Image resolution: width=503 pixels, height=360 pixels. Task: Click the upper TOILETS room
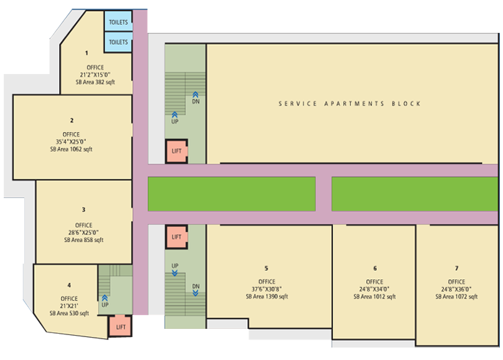click(x=118, y=21)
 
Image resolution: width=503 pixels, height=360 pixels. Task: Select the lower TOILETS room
click(x=118, y=42)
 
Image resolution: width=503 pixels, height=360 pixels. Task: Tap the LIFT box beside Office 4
click(x=120, y=326)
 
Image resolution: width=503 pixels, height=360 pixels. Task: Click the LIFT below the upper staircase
click(x=176, y=151)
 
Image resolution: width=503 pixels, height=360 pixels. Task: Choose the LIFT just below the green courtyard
click(x=176, y=237)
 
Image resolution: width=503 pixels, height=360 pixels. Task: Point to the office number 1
click(x=87, y=53)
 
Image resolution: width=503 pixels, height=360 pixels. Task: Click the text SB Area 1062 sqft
click(x=71, y=149)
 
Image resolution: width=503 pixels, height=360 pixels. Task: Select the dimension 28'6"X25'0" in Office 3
click(x=83, y=232)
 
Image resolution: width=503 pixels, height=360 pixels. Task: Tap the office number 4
click(x=69, y=285)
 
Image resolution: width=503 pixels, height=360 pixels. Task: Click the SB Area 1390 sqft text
click(x=267, y=296)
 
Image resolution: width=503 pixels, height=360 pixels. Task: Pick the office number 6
click(x=375, y=268)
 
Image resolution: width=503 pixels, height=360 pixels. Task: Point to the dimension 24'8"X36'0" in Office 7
click(x=456, y=289)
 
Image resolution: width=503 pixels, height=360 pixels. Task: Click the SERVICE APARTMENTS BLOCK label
click(x=349, y=103)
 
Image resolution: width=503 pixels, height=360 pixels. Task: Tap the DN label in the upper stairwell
click(x=195, y=102)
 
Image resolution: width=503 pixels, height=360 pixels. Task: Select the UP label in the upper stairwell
click(x=174, y=121)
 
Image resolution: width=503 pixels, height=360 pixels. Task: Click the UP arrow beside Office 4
click(x=105, y=298)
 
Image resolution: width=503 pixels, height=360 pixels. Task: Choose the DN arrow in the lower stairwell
click(x=195, y=293)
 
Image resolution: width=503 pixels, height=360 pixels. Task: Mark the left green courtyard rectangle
click(x=232, y=194)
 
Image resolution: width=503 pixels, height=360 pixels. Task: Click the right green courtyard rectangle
click(x=415, y=194)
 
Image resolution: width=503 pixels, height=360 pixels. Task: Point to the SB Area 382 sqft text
click(x=95, y=82)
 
